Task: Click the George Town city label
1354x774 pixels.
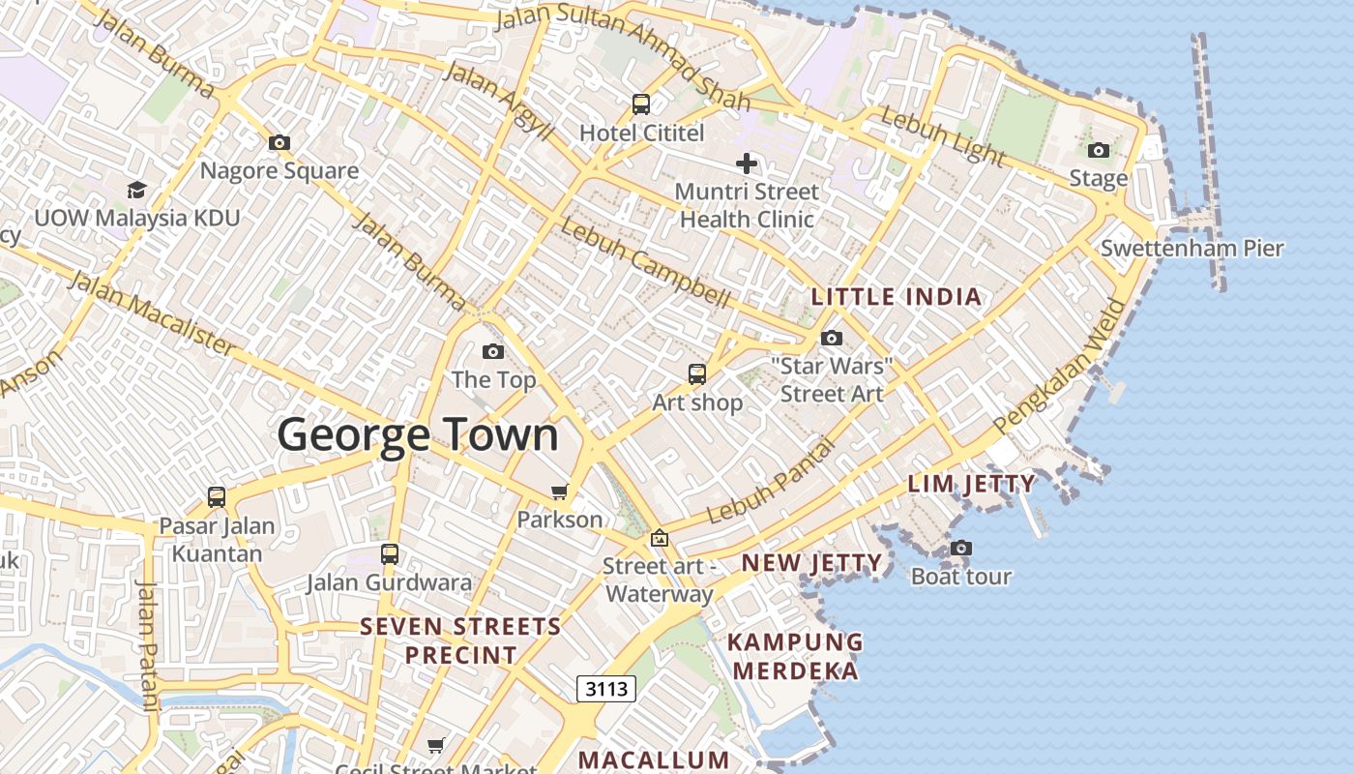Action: tap(418, 435)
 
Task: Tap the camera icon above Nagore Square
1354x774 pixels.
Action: tap(280, 143)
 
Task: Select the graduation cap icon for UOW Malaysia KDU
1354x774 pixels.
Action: tap(136, 190)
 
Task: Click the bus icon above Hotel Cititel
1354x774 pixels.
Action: tap(641, 104)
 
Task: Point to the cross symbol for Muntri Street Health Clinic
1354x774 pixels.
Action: tap(747, 164)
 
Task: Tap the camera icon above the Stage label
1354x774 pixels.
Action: tap(1099, 150)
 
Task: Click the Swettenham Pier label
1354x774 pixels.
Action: tap(1192, 249)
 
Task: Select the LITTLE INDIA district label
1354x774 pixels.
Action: tap(897, 297)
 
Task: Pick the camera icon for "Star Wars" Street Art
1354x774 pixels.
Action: tap(832, 338)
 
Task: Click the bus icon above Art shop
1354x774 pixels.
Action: tap(697, 373)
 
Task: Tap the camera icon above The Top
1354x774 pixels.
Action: tap(493, 351)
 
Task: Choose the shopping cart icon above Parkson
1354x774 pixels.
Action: tap(559, 491)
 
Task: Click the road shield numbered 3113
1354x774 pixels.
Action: tap(607, 689)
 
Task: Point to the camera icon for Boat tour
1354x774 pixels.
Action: tap(961, 548)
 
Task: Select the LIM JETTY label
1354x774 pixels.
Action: tap(971, 484)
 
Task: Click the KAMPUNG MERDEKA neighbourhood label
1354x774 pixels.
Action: tap(795, 656)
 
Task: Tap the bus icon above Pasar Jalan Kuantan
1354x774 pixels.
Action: tap(217, 497)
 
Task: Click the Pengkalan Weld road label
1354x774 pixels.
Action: tap(1061, 368)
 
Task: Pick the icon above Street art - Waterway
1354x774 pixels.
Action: tap(660, 538)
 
